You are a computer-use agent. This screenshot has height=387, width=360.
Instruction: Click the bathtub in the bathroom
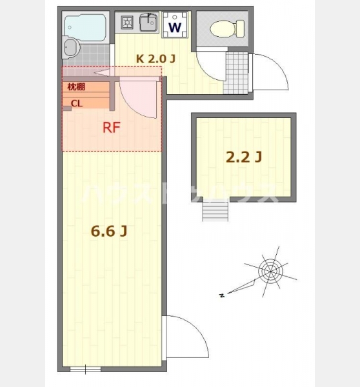(x=85, y=27)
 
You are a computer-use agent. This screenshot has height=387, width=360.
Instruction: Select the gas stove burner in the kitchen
(x=127, y=23)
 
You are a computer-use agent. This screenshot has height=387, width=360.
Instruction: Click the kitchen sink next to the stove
(x=148, y=23)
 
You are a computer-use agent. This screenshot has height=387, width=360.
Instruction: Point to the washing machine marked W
(x=175, y=25)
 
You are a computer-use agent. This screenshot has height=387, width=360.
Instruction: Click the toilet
(x=227, y=29)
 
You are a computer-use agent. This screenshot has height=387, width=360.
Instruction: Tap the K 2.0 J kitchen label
(x=155, y=59)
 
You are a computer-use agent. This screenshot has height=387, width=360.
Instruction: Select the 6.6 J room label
(x=109, y=232)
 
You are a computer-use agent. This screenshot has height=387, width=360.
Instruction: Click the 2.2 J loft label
(x=244, y=157)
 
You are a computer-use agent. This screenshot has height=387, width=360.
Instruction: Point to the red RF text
(x=112, y=128)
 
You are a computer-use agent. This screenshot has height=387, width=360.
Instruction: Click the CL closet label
(x=77, y=104)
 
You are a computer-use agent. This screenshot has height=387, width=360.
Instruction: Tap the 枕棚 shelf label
(x=76, y=86)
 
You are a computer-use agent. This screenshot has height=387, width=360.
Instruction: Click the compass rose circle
(x=270, y=272)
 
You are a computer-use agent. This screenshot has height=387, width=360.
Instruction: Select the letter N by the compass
(x=222, y=295)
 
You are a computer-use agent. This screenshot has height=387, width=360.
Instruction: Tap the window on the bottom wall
(x=85, y=369)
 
